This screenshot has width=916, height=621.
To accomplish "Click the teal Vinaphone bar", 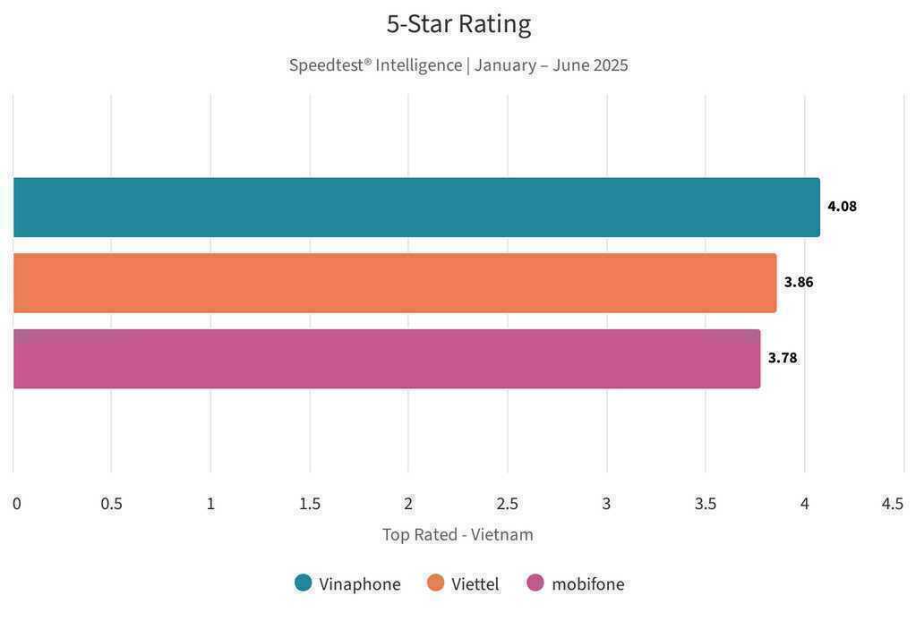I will pyautogui.click(x=416, y=207).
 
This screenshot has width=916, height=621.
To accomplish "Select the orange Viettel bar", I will pyautogui.click(x=395, y=283).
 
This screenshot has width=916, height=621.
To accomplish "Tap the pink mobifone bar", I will pyautogui.click(x=387, y=359).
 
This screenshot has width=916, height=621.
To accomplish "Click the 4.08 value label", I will pyautogui.click(x=842, y=207).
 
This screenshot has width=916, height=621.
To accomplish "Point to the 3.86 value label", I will pyautogui.click(x=799, y=283).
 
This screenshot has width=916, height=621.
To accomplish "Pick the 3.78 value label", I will pyautogui.click(x=783, y=359).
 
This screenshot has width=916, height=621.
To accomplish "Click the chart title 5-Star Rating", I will pyautogui.click(x=458, y=24).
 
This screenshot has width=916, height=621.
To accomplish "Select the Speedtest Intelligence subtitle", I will pyautogui.click(x=458, y=65).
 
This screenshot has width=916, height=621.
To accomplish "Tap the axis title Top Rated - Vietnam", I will pyautogui.click(x=458, y=535).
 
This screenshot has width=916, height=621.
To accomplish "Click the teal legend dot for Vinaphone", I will pyautogui.click(x=304, y=583).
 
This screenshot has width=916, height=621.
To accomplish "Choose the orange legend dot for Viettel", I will pyautogui.click(x=436, y=583).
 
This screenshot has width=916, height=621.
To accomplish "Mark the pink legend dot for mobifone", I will pyautogui.click(x=535, y=583).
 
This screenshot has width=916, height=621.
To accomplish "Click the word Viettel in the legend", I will pyautogui.click(x=475, y=584).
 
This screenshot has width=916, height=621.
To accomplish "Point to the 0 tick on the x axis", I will pyautogui.click(x=17, y=504).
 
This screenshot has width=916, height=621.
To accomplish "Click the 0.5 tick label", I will pyautogui.click(x=112, y=504).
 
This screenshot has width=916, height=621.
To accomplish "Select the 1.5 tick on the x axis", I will pyautogui.click(x=310, y=504).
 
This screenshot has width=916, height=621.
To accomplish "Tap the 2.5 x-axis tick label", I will pyautogui.click(x=508, y=504).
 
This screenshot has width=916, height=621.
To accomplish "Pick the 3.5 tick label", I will pyautogui.click(x=706, y=504).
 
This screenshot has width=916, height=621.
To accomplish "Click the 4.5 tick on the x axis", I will pyautogui.click(x=893, y=504).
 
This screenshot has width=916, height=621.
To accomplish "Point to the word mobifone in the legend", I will pyautogui.click(x=588, y=584).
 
